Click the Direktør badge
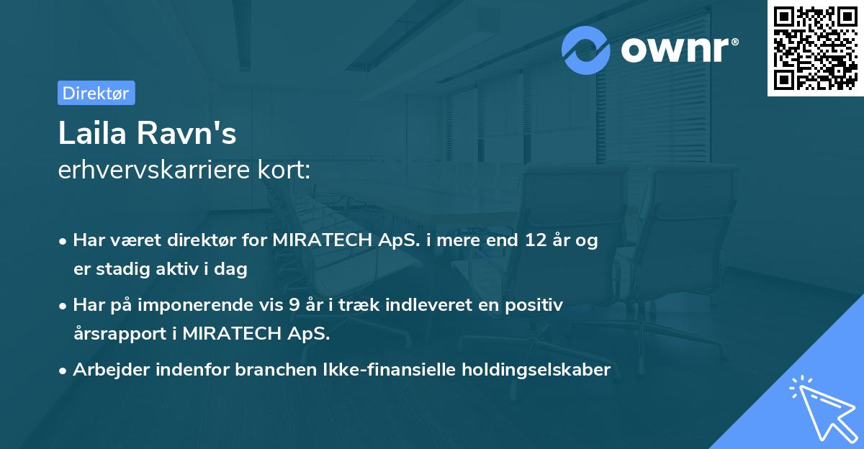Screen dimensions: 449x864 pyautogui.click(x=96, y=93)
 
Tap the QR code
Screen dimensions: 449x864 pyautogui.click(x=815, y=47)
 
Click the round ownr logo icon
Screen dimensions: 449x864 pyautogui.click(x=586, y=50)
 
